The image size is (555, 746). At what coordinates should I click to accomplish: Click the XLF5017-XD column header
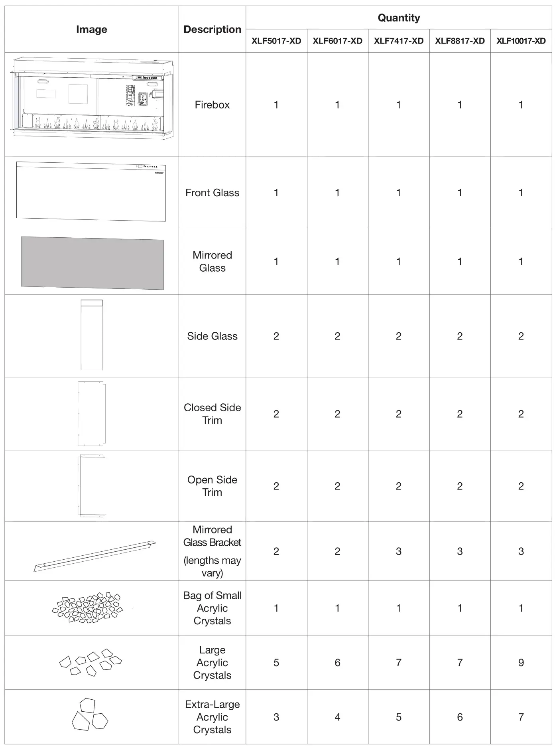[x=276, y=41]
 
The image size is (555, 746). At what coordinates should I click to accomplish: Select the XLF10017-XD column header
[x=521, y=41]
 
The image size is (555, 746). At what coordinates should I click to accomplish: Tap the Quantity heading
[x=398, y=18]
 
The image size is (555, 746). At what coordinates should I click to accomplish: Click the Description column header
[x=212, y=29]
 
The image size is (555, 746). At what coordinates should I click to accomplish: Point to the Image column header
[x=91, y=29]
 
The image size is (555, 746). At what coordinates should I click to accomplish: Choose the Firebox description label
[x=212, y=105]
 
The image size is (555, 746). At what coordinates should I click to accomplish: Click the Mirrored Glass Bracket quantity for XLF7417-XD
[x=398, y=551]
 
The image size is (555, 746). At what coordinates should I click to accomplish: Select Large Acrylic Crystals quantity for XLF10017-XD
[x=521, y=662]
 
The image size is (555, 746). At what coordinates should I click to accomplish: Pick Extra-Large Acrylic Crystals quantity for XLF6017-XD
[x=337, y=717]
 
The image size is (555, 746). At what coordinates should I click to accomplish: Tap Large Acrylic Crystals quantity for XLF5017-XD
[x=276, y=662]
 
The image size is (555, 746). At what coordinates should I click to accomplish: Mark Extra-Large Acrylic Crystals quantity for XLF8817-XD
[x=460, y=717]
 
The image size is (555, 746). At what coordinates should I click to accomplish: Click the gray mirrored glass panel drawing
[x=92, y=263]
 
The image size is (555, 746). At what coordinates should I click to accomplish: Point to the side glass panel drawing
[x=92, y=335]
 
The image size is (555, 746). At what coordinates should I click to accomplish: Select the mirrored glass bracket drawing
[x=95, y=556]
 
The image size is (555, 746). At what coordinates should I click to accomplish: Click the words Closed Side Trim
[x=212, y=414]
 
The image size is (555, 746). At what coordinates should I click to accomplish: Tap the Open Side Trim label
[x=212, y=486]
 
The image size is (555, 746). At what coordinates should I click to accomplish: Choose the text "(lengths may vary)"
[x=212, y=566]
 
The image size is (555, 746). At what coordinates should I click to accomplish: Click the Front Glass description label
[x=212, y=193]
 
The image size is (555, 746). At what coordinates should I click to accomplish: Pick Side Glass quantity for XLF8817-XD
[x=460, y=336]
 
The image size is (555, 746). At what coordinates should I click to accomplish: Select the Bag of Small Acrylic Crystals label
[x=212, y=608]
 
